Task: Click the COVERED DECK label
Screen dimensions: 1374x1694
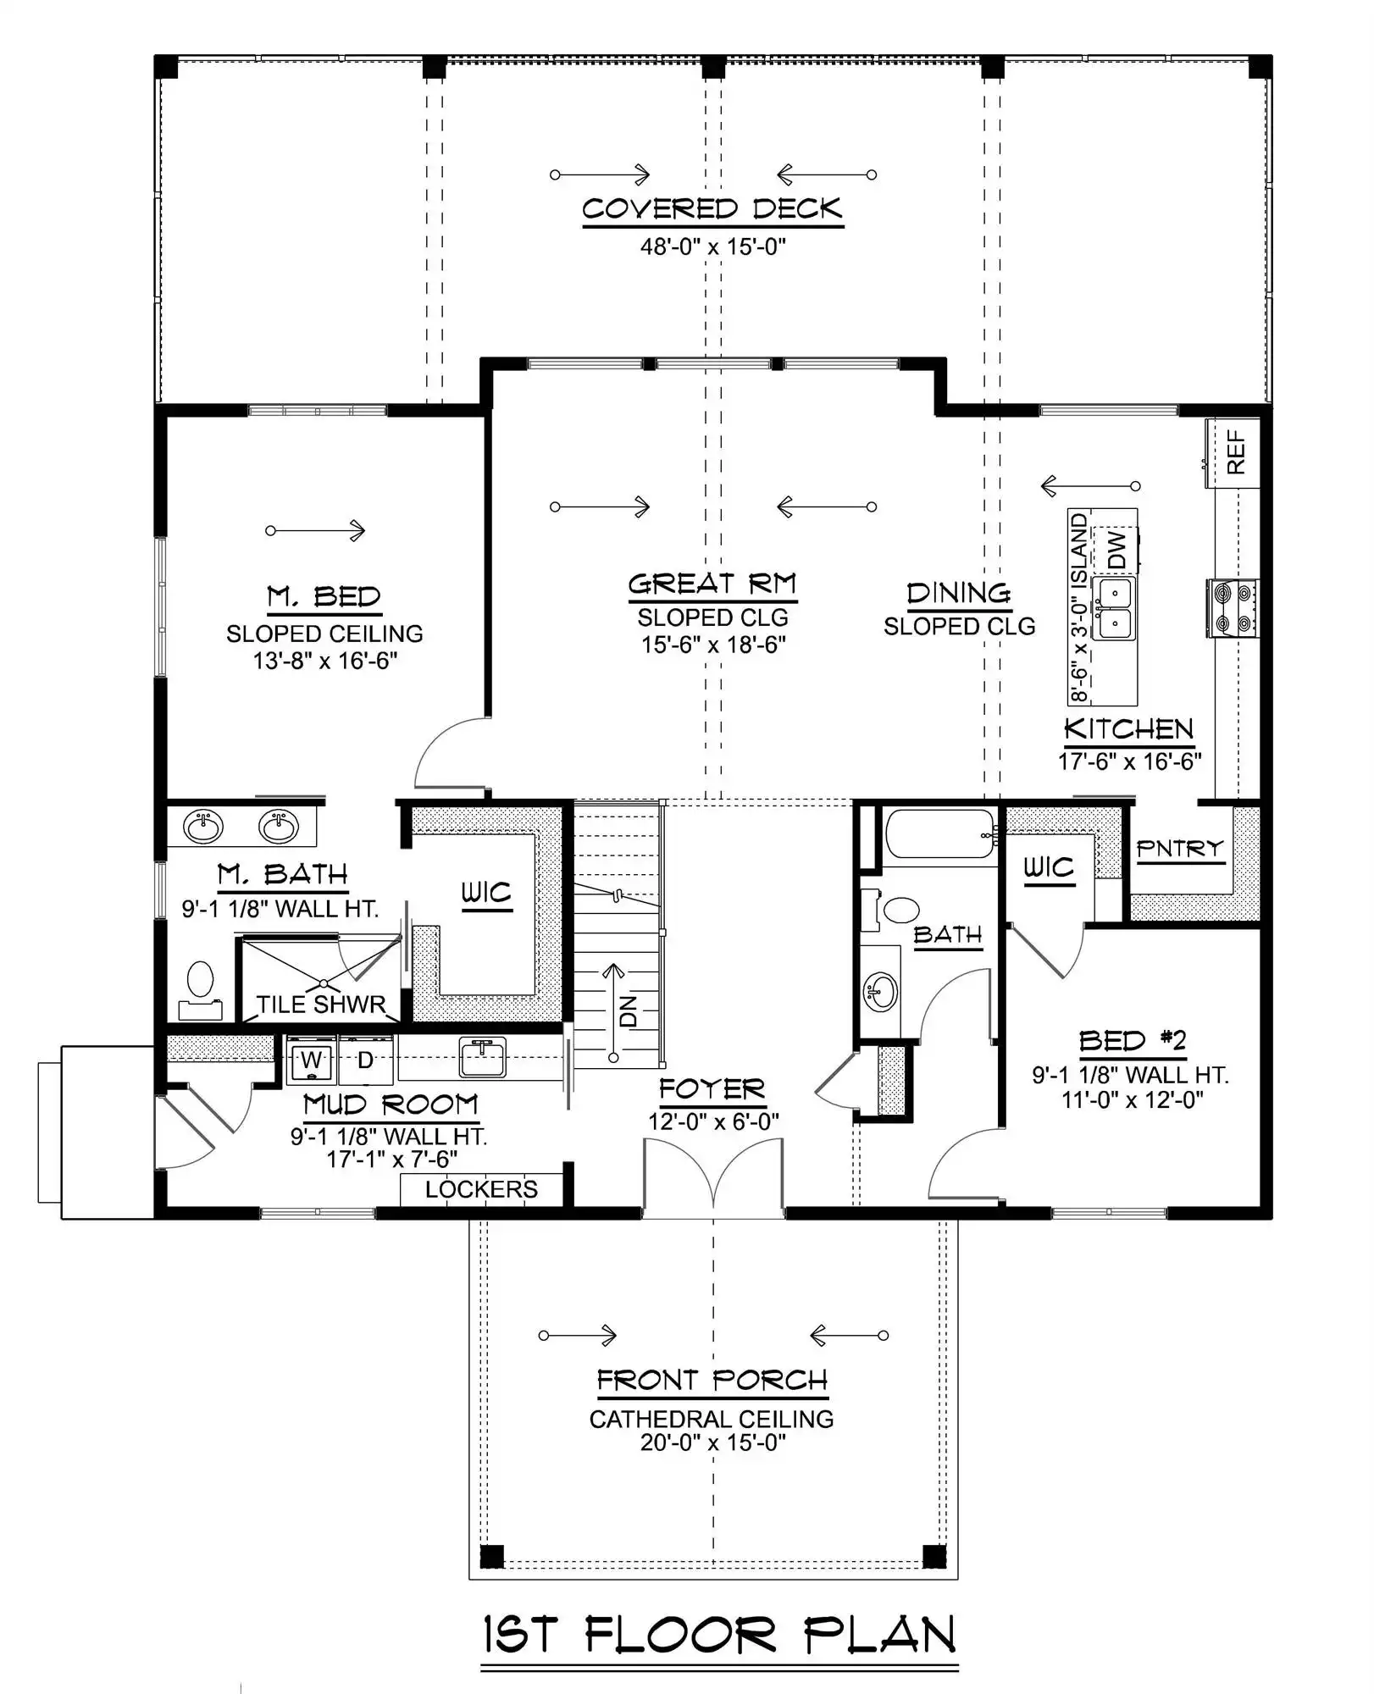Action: click(x=712, y=209)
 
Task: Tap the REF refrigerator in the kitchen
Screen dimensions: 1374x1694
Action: click(x=1233, y=452)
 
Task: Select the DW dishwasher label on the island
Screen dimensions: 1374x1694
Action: click(x=1117, y=550)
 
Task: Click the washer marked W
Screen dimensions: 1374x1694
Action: click(x=311, y=1060)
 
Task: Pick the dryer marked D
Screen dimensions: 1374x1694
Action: click(x=365, y=1060)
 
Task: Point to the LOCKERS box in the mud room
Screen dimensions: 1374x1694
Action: click(x=481, y=1189)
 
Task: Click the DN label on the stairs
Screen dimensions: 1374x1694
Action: click(x=628, y=1010)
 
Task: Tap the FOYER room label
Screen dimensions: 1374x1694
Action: click(x=712, y=1089)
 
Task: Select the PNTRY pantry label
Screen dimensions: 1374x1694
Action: click(x=1180, y=848)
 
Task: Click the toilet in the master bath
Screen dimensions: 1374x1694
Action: click(x=201, y=989)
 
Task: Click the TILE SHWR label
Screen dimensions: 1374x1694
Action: click(x=321, y=1005)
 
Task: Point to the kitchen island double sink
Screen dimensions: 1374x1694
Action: click(x=1114, y=608)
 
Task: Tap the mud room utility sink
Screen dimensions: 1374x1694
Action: click(x=482, y=1056)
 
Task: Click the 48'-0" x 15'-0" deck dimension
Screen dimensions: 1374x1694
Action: click(x=713, y=247)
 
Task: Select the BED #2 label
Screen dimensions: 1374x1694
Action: click(x=1132, y=1041)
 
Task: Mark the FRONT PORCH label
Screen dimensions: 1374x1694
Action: click(x=712, y=1380)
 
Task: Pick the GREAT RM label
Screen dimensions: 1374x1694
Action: click(x=712, y=584)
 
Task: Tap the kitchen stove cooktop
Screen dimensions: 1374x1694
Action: click(x=1233, y=608)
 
